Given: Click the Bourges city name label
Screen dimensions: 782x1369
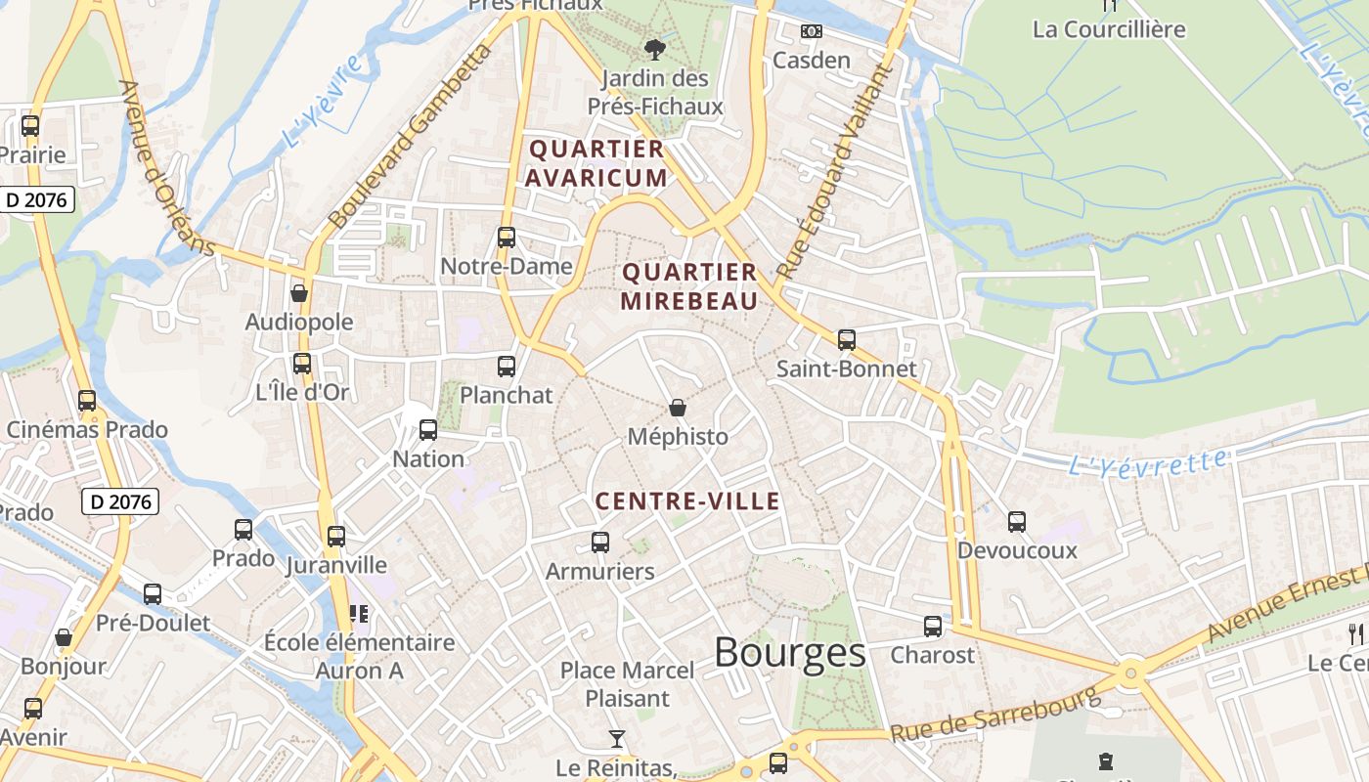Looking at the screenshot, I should coord(789,653).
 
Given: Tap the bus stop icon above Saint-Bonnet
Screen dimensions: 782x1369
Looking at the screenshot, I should coord(847,340).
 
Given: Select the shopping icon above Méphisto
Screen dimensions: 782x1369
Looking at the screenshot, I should coord(677,408).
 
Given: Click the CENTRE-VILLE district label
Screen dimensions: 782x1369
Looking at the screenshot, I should coord(688,502).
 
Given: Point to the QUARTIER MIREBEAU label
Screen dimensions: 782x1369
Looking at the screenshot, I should coord(689,286).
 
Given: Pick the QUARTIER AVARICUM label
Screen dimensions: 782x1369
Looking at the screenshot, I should coord(596,163).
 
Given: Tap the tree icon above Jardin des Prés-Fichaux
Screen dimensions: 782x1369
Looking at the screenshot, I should coord(654,49).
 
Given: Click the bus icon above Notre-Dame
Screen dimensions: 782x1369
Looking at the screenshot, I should coord(506,238).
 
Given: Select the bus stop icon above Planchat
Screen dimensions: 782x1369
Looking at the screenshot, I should coord(506,367).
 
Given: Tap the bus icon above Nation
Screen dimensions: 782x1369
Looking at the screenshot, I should coord(427,430).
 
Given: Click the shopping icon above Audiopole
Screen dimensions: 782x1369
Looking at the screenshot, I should coord(299,293).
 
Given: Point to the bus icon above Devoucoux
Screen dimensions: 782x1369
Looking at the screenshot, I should coord(1017,522).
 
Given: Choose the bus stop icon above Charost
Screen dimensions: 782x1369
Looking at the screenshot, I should coord(933,627).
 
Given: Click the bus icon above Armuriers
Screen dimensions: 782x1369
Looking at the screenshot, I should coord(599,543).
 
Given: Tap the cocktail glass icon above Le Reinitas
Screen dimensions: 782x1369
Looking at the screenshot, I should coord(617,739).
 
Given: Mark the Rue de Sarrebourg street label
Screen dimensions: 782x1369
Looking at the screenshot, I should coord(995,716).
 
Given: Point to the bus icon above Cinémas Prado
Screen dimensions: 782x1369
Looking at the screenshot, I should coord(87,401).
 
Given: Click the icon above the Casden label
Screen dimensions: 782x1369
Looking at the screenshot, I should coord(811,31).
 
